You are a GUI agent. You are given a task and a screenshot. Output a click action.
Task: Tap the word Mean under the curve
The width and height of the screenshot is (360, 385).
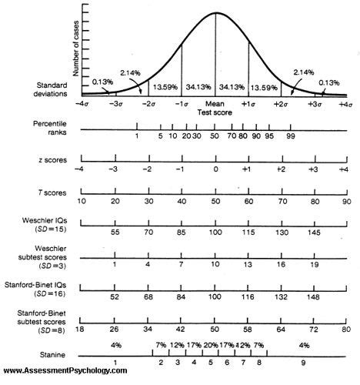pyautogui.click(x=215, y=102)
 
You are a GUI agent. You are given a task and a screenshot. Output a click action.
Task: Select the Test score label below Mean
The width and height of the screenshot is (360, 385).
pyautogui.click(x=215, y=111)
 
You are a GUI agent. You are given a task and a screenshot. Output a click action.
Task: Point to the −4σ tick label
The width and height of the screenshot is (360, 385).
pyautogui.click(x=82, y=103)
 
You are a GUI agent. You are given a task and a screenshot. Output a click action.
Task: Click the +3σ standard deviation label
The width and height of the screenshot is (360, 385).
pyautogui.click(x=314, y=102)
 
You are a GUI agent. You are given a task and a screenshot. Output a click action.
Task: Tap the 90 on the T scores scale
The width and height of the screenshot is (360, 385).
pyautogui.click(x=347, y=201)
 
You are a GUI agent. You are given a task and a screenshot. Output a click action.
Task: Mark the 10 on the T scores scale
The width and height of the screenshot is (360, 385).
pyautogui.click(x=82, y=201)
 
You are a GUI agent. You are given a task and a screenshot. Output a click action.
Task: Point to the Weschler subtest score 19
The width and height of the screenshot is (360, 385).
pyautogui.click(x=314, y=265)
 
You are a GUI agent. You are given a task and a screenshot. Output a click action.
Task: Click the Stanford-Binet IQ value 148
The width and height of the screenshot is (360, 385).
pyautogui.click(x=314, y=297)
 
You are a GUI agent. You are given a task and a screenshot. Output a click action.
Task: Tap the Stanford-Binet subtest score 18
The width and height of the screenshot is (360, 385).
pyautogui.click(x=82, y=329)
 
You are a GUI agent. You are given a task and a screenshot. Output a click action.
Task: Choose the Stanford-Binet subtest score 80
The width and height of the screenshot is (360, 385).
pyautogui.click(x=347, y=329)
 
